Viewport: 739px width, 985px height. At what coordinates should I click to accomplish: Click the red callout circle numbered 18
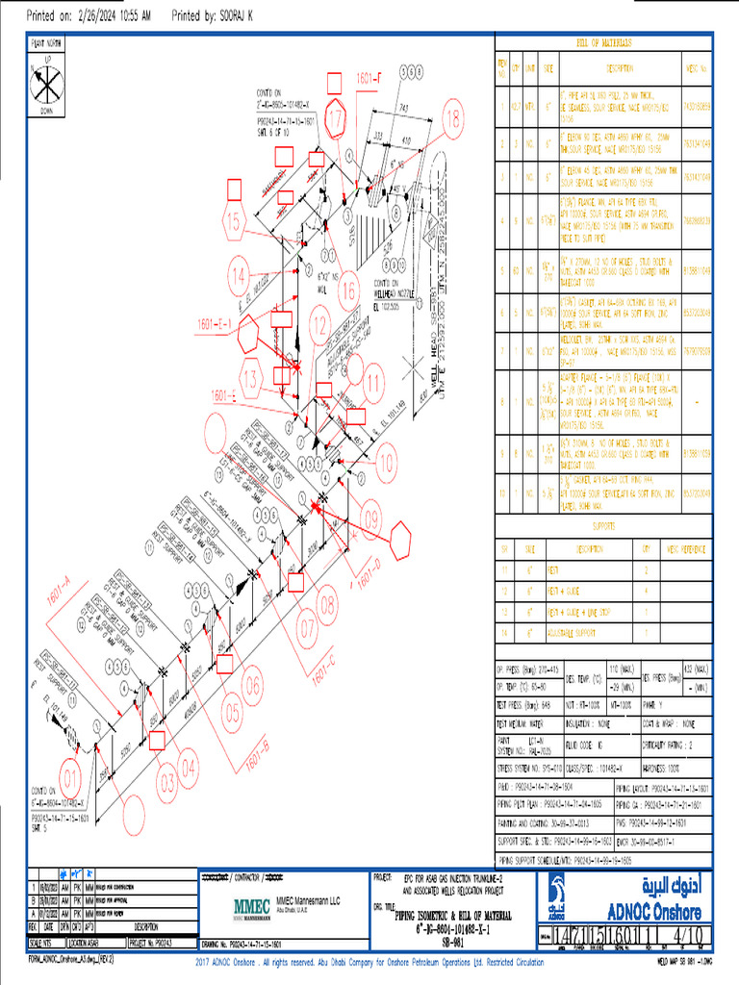(x=452, y=117)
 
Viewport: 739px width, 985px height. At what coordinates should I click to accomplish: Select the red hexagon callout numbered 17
(x=335, y=120)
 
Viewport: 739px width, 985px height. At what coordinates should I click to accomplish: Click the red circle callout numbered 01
(x=70, y=774)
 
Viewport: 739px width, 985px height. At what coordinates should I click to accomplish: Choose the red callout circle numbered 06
(x=252, y=687)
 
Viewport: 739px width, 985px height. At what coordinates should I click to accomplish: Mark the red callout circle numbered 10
(x=386, y=463)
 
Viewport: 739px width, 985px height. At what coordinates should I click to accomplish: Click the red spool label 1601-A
(x=60, y=597)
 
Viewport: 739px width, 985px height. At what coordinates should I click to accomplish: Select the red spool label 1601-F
(x=369, y=76)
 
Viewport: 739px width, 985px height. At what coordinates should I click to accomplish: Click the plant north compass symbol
(x=44, y=84)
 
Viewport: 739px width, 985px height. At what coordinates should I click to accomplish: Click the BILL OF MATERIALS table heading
(x=603, y=43)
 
